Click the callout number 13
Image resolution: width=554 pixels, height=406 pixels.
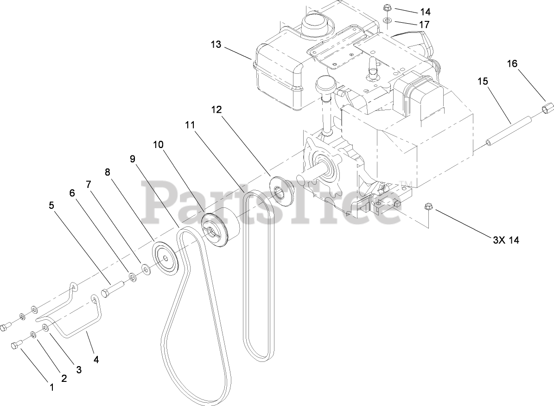216,45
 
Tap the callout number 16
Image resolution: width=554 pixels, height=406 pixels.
512,64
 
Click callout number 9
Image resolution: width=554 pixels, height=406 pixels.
133,159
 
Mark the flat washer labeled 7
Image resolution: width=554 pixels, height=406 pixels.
146,269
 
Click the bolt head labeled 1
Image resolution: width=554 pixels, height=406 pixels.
15,346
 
